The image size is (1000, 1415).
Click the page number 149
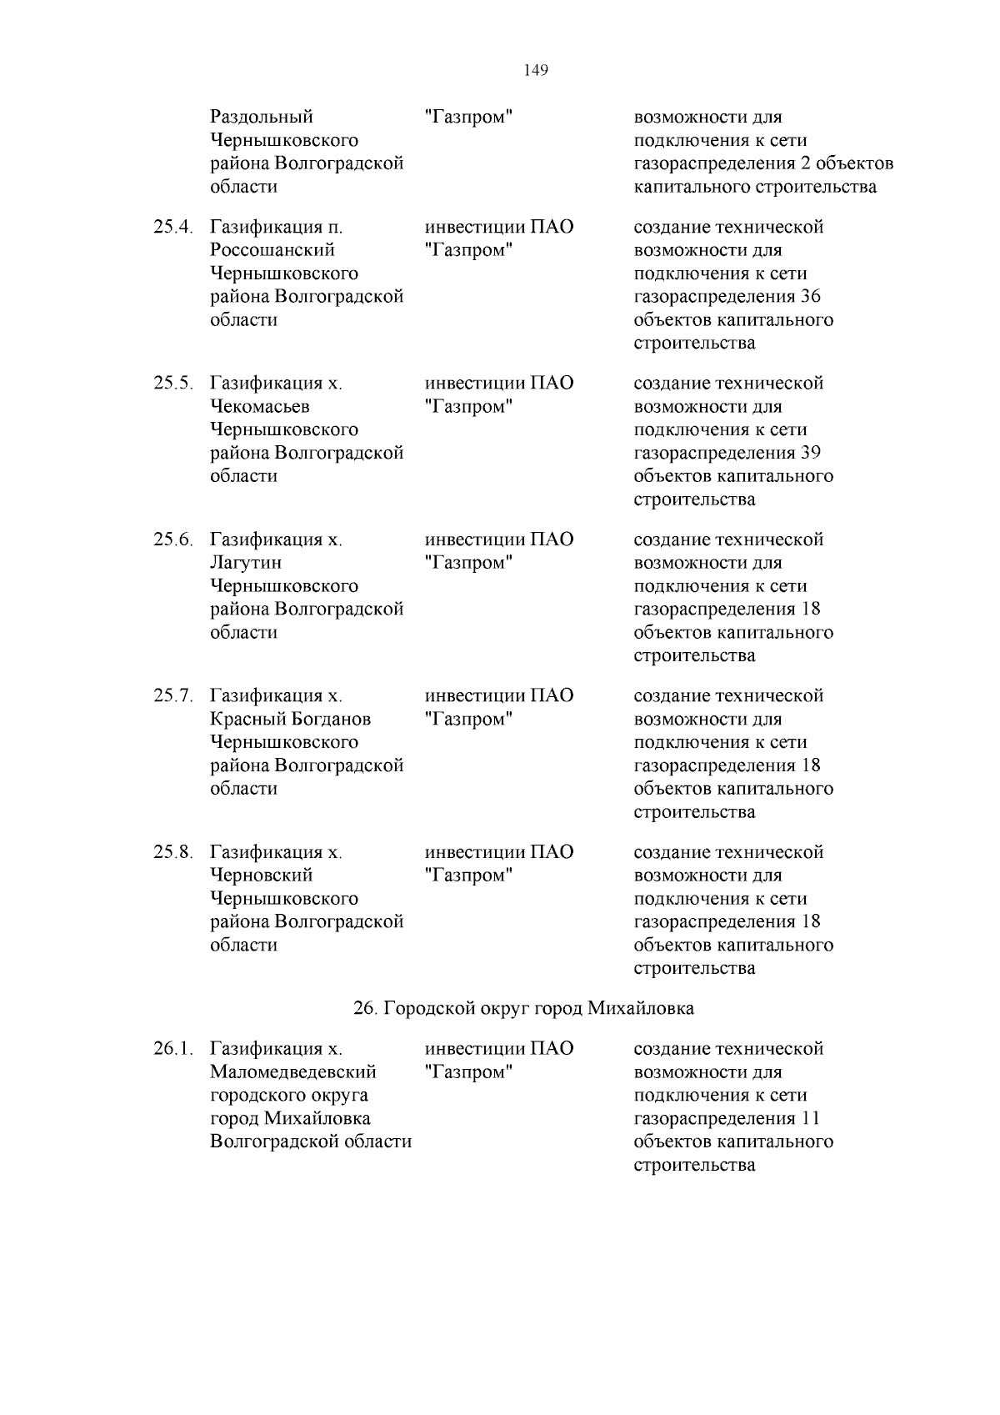coord(536,71)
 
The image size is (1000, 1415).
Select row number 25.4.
coord(172,227)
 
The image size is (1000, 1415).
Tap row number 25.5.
coord(172,384)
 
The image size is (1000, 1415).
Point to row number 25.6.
coord(172,539)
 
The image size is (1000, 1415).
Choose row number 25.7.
coord(172,695)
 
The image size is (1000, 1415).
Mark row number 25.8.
coord(172,852)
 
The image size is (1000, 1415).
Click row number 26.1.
coord(172,1048)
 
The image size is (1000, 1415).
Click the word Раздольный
coord(261,117)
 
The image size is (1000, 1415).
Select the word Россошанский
coord(272,250)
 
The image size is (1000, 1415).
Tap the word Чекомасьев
coord(259,407)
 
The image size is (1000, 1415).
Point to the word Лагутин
coord(246,563)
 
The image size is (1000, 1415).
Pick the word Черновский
coord(261,876)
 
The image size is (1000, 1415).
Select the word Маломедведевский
coord(293,1071)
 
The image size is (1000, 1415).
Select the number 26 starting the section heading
coord(365,1008)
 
